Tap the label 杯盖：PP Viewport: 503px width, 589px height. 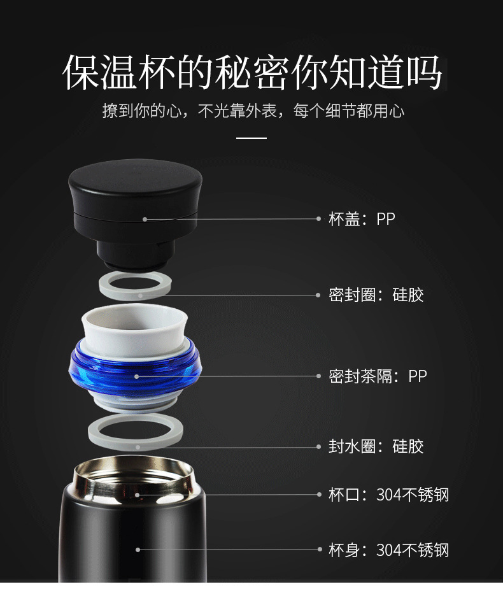pos(362,218)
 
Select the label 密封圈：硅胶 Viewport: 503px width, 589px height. pos(376,295)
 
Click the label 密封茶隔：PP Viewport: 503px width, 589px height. pos(378,376)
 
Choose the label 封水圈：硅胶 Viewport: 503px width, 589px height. pos(376,446)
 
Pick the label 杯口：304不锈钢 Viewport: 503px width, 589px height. pos(389,494)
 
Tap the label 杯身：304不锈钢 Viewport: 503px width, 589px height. pos(389,550)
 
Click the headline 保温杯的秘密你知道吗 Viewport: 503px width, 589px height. pos(251,72)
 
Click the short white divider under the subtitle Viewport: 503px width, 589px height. pos(251,138)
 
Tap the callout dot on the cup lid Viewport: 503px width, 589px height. pos(145,219)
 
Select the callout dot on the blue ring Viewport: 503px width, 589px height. pos(137,376)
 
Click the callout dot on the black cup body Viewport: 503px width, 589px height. pos(138,550)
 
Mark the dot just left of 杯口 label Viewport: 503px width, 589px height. pos(319,494)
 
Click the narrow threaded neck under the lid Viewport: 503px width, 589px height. pos(136,255)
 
